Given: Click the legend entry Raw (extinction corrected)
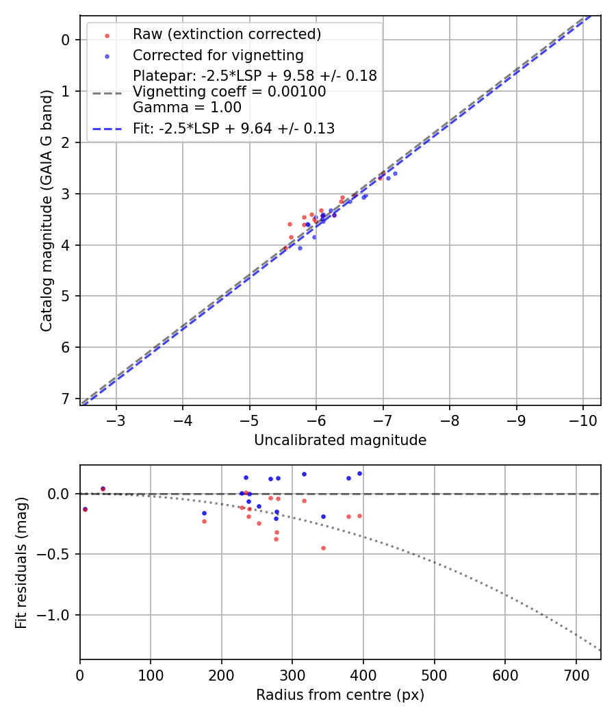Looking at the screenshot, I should [x=227, y=34].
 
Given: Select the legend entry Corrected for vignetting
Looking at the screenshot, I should [x=218, y=55].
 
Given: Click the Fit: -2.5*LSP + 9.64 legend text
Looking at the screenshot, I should [x=233, y=128].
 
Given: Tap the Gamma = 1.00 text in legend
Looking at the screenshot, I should [x=183, y=108].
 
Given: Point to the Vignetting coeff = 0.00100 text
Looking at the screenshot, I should [x=229, y=92].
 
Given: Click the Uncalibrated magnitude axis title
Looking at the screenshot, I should [x=340, y=440].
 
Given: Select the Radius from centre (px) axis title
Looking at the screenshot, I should [x=340, y=695].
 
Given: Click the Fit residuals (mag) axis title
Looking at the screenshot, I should [x=21, y=563].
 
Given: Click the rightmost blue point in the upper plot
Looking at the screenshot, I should [x=395, y=173].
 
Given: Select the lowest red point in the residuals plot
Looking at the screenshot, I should [x=323, y=548].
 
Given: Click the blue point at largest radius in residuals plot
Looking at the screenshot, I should [x=359, y=473].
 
